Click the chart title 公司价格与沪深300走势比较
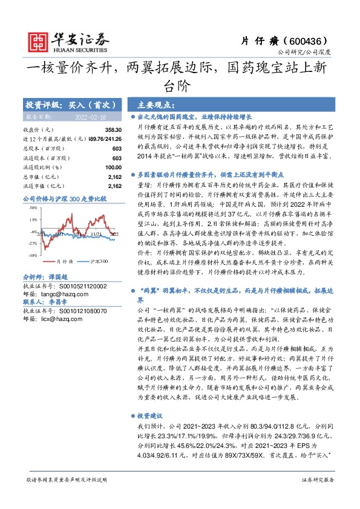click(x=64, y=198)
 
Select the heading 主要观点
click(x=156, y=104)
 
